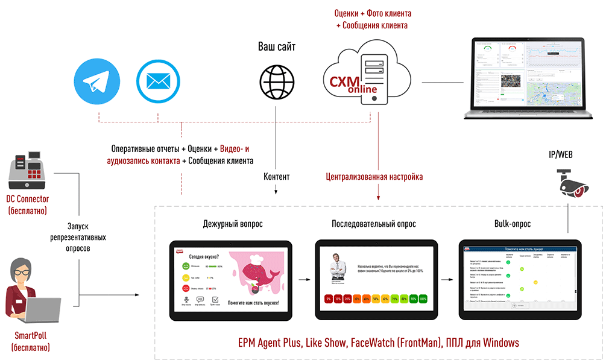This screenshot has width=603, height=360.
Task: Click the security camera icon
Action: [572, 185]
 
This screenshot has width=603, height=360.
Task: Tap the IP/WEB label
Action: [564, 156]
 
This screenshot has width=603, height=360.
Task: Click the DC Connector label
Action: [28, 199]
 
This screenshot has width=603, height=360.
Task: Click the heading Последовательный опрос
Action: [374, 224]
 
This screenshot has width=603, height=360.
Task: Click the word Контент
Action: [276, 177]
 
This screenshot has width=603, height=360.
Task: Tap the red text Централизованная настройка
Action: [374, 177]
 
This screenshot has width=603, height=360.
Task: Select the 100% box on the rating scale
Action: [423, 298]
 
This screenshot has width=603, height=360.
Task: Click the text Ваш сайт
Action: [277, 46]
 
